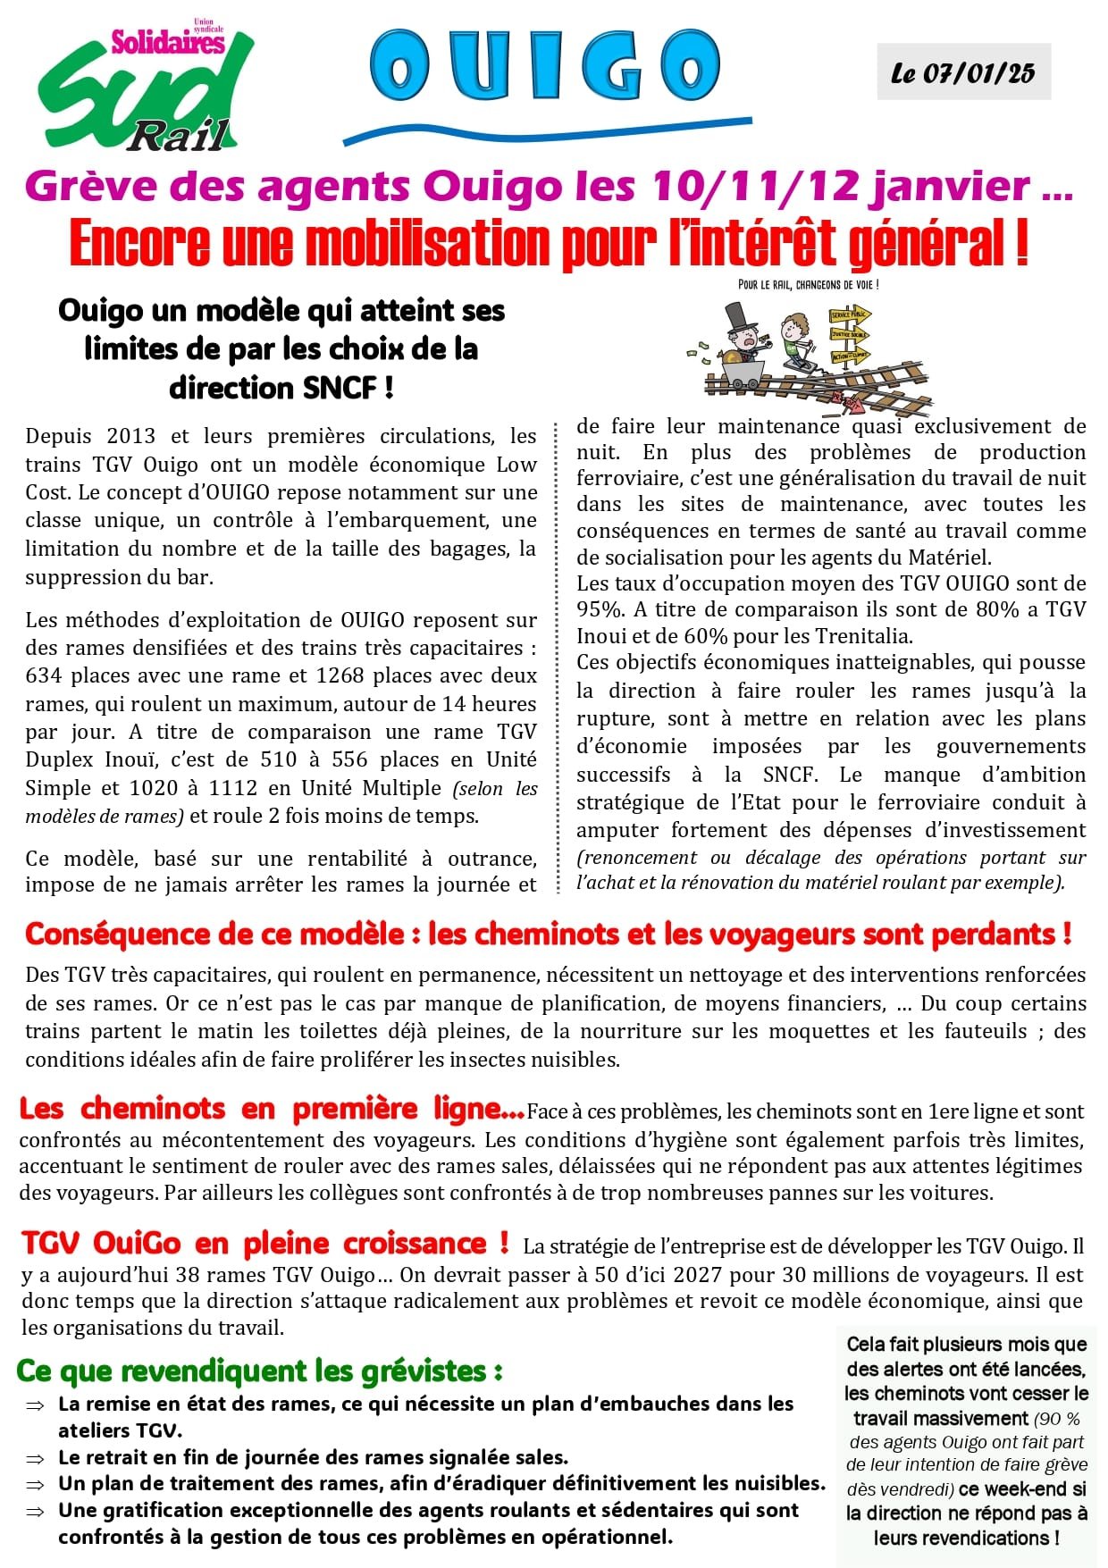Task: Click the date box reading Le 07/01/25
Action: point(963,72)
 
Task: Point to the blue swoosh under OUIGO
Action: point(547,129)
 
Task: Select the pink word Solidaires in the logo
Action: point(167,42)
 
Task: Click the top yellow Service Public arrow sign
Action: point(849,315)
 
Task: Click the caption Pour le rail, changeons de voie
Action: point(809,285)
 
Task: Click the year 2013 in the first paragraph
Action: point(130,436)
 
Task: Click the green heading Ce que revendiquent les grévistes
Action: point(259,1370)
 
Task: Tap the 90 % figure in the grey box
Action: point(1061,1419)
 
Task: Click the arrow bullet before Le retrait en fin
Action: point(35,1459)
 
